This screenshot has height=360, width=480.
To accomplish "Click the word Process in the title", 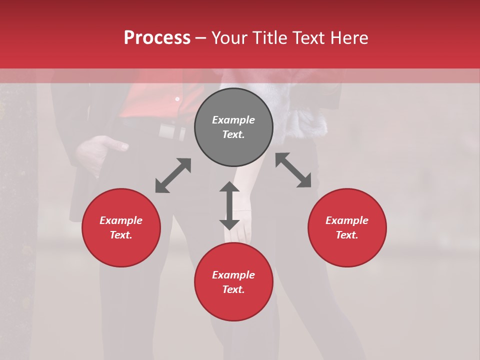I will [x=157, y=38].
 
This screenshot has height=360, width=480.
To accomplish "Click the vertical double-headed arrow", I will [x=229, y=205].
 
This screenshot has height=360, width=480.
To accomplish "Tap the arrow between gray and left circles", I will [x=173, y=175].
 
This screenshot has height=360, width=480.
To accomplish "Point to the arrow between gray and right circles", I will [x=293, y=170].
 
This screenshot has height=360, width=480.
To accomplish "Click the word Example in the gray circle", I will [x=233, y=120].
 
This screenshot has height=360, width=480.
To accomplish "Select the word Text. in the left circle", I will [x=121, y=235].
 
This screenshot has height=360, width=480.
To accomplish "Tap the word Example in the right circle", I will [x=347, y=220].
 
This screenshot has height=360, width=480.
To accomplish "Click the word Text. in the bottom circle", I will [x=233, y=289].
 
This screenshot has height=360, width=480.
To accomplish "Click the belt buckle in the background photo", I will [x=167, y=131].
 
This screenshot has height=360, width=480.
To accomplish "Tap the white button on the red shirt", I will [x=177, y=99].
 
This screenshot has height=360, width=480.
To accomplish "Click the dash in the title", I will [x=201, y=38].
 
